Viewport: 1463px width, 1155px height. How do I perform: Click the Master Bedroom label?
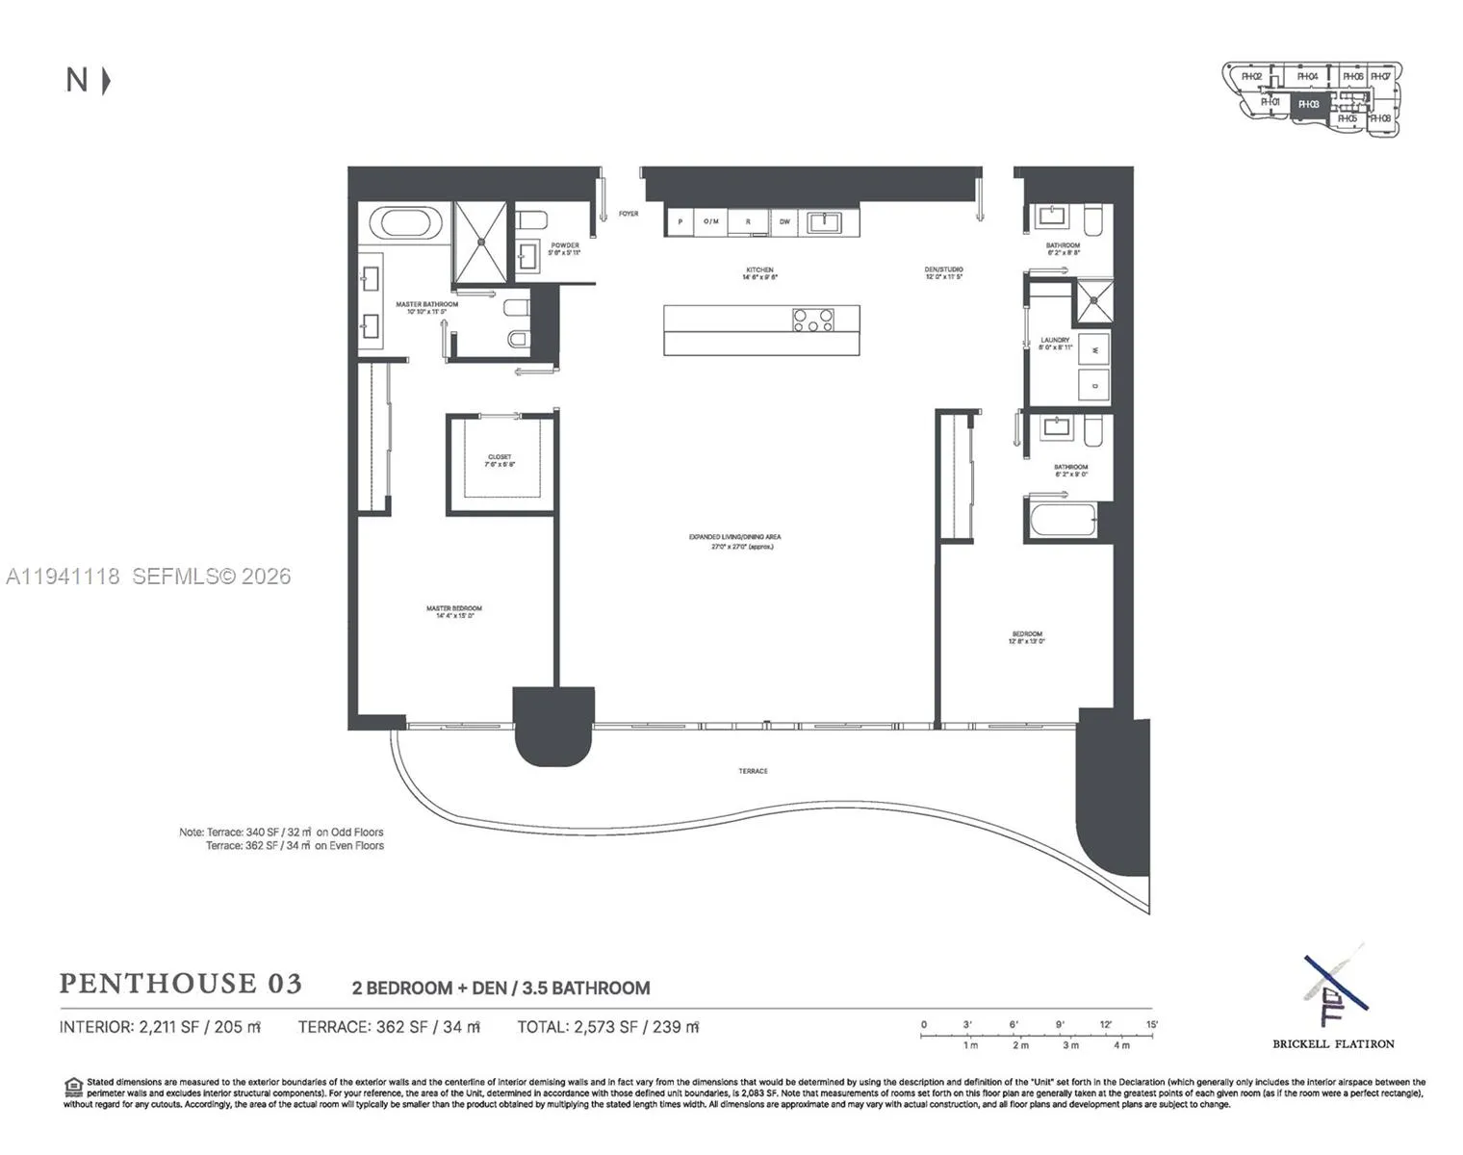(453, 611)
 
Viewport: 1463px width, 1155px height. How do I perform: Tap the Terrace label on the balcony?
(753, 771)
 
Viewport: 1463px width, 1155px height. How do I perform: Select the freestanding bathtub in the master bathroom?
(411, 223)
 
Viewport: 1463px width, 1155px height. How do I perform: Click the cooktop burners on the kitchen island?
(813, 320)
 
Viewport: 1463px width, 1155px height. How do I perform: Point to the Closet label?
(500, 460)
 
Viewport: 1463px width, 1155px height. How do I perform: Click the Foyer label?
(629, 214)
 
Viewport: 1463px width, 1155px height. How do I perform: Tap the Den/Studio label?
(944, 272)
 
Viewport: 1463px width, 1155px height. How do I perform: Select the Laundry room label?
(1055, 343)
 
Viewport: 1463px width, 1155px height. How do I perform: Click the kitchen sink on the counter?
(825, 222)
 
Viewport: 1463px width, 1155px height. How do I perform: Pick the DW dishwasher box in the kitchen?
(784, 222)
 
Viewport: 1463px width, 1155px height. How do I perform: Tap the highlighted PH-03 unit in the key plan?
(1308, 104)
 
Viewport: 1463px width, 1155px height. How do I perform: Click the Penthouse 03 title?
(181, 984)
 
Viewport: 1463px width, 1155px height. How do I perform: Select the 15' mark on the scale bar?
(1151, 1025)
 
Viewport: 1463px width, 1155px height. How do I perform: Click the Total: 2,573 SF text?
(607, 1027)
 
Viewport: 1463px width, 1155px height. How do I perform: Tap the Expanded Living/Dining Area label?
(734, 541)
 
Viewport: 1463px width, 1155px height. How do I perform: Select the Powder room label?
(565, 248)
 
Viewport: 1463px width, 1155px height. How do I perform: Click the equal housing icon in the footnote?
(73, 1087)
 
